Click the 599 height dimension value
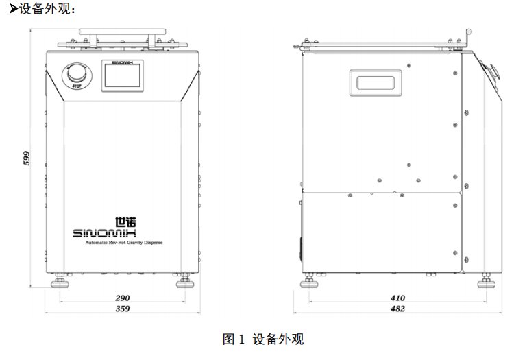(x=26, y=158)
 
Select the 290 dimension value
(x=123, y=298)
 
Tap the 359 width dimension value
(x=123, y=309)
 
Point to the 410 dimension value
(x=397, y=298)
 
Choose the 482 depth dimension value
(x=397, y=309)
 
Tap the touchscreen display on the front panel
(x=123, y=75)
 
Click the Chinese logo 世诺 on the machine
(x=125, y=222)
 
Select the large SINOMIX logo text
(x=104, y=233)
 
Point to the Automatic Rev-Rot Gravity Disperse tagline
(x=123, y=242)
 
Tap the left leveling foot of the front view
(x=60, y=281)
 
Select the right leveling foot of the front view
(x=185, y=281)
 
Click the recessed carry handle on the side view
(x=376, y=83)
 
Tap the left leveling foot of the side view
(x=309, y=281)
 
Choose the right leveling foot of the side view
(x=487, y=281)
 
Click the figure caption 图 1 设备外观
(x=263, y=339)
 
